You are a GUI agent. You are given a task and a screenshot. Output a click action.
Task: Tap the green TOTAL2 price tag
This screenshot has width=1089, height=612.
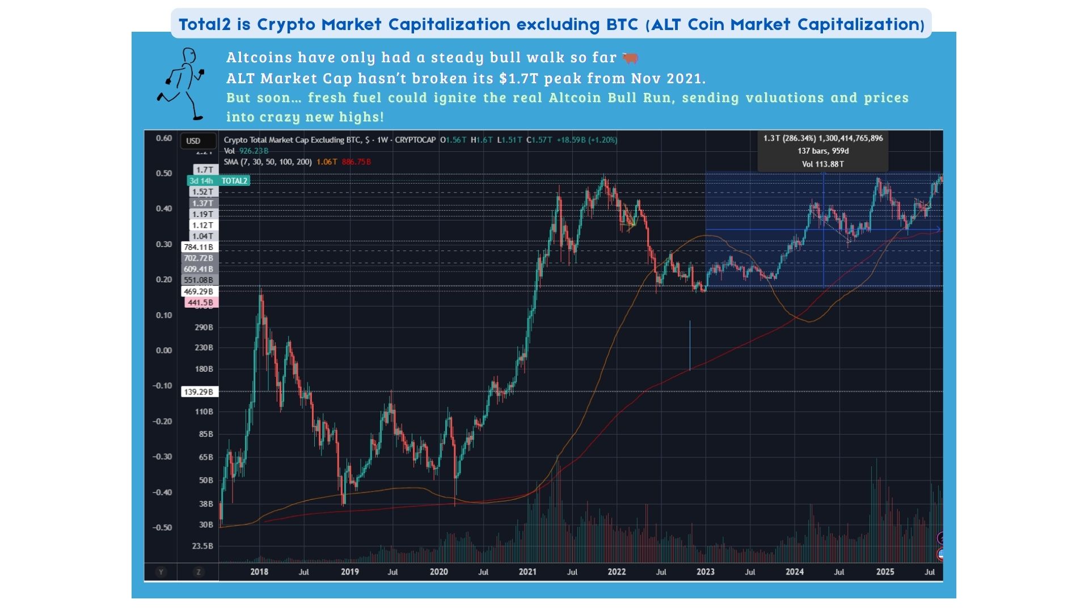tap(218, 181)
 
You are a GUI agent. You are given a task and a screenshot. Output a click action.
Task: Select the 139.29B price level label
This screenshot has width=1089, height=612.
tap(199, 392)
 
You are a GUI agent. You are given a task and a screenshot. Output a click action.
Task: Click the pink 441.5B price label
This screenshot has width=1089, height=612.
tap(201, 303)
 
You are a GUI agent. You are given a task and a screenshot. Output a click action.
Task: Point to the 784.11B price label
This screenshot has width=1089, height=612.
tap(199, 247)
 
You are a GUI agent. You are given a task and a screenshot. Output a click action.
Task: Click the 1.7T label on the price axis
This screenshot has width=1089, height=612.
tap(204, 169)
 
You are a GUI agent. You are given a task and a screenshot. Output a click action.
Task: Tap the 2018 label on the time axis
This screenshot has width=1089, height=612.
tap(259, 572)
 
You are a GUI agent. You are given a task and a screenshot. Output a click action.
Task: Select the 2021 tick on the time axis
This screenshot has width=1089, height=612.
tap(527, 572)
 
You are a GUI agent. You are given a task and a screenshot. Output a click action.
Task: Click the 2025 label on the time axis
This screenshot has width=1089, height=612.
tap(885, 572)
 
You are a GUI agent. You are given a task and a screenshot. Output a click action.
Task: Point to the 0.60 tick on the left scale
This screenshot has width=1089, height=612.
tap(164, 138)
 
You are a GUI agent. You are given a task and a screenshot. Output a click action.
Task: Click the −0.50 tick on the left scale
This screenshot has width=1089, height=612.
tap(162, 528)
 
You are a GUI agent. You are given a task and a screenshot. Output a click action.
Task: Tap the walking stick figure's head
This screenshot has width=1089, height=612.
tap(189, 56)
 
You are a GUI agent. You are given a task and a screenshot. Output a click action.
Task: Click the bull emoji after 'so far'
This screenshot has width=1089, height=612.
tap(630, 58)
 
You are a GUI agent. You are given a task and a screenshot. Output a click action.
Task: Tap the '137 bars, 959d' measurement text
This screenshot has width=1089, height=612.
tap(823, 151)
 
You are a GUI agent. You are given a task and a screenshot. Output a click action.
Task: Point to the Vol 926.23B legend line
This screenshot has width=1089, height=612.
tap(246, 151)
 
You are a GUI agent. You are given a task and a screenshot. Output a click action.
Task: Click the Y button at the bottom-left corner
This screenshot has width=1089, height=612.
tap(161, 572)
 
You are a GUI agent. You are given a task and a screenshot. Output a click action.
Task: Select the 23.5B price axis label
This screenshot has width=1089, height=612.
tap(202, 546)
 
